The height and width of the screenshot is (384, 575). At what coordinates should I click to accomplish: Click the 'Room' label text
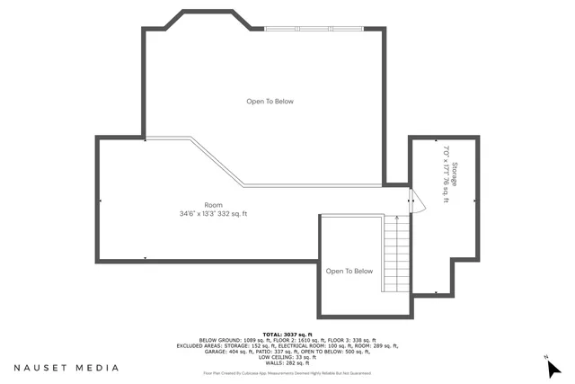pyautogui.click(x=213, y=205)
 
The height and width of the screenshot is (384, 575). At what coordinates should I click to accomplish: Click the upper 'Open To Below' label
pyautogui.click(x=270, y=102)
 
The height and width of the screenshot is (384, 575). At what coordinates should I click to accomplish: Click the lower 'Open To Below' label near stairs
pyautogui.click(x=349, y=271)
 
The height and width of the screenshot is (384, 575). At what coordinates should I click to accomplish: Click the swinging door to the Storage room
pyautogui.click(x=411, y=200)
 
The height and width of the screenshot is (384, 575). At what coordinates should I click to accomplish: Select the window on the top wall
pyautogui.click(x=314, y=29)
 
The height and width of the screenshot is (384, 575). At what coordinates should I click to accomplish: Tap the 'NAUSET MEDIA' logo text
pyautogui.click(x=66, y=368)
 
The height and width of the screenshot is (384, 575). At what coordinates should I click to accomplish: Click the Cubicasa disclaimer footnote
pyautogui.click(x=287, y=372)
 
